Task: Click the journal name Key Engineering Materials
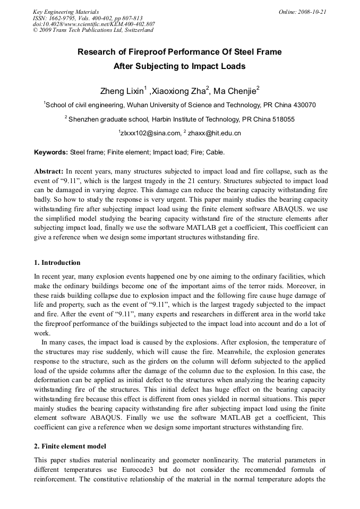66,12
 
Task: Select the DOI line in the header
94,24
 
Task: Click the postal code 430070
304,105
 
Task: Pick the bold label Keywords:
51,152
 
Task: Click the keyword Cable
215,152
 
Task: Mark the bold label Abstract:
49,171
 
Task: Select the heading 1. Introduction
57,263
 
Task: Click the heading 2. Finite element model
70,446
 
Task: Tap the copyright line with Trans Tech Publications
93,30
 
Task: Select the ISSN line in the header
88,18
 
